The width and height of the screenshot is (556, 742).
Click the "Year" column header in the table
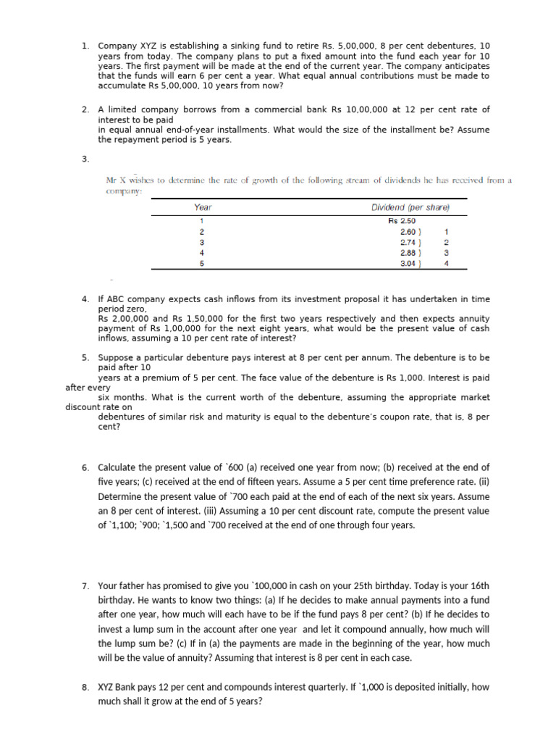203,207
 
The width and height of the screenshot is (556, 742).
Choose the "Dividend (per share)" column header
410,207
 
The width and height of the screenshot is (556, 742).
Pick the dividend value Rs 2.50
403,220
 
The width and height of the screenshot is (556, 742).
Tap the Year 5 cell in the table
202,264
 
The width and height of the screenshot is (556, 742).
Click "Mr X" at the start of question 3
117,180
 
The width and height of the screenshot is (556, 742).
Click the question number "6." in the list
85,467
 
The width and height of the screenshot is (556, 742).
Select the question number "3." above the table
85,159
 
